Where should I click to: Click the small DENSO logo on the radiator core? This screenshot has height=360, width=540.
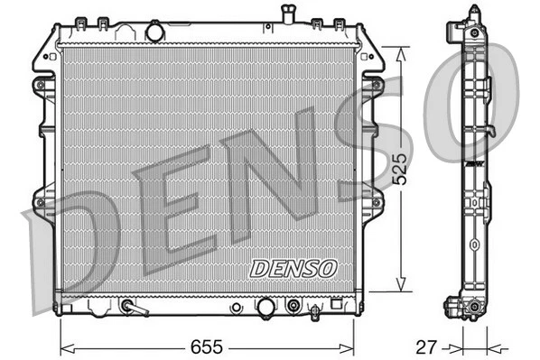coord(293,268)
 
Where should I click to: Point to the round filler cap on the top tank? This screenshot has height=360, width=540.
coord(154,32)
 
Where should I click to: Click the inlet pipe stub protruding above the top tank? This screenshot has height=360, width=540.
coord(288,15)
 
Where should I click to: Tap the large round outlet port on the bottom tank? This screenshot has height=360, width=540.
coord(265,308)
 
